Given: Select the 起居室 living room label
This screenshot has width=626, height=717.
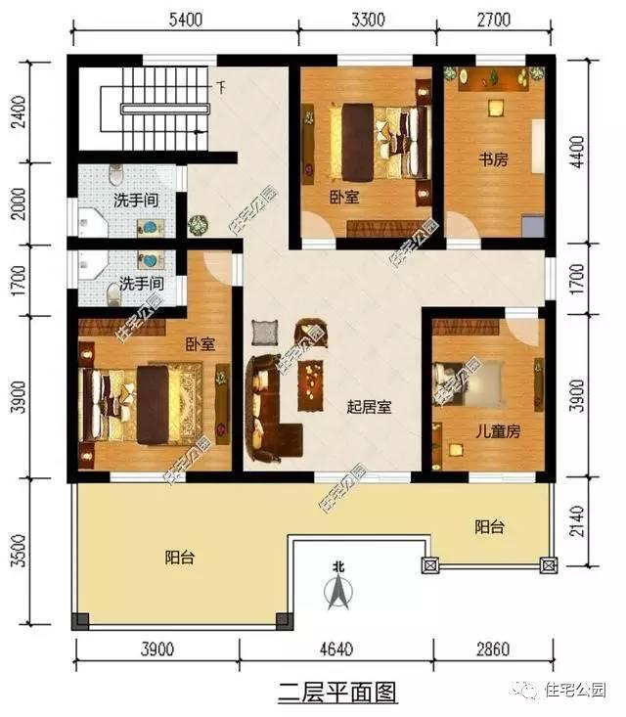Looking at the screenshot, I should [370, 407].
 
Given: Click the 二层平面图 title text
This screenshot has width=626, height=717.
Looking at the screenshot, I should [337, 693].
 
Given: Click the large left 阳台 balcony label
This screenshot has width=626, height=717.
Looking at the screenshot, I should [179, 558].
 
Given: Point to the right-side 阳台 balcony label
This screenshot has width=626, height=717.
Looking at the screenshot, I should [489, 526].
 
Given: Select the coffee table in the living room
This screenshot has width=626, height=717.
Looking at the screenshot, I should [312, 381].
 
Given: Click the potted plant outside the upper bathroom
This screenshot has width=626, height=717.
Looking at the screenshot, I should [199, 224].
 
